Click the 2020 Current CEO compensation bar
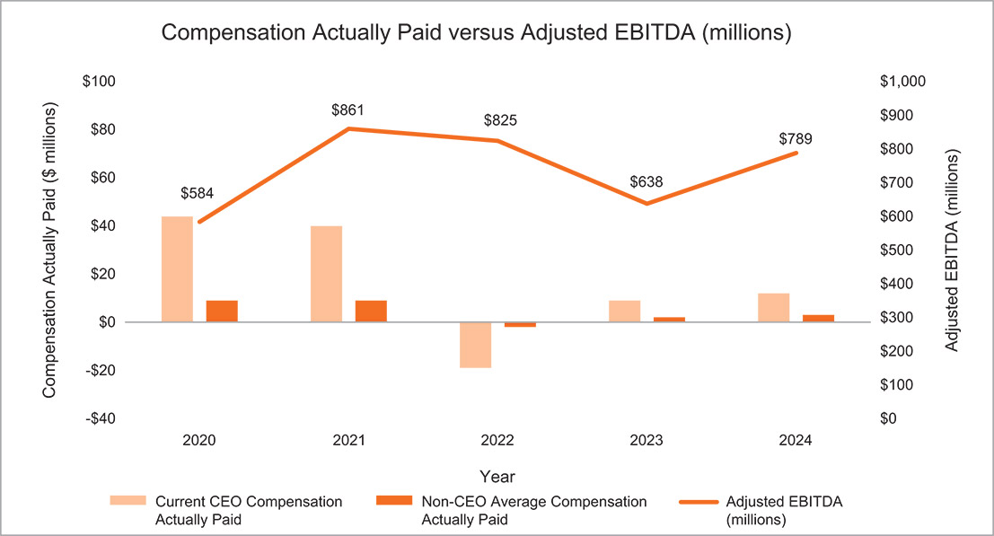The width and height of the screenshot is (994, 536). tap(177, 269)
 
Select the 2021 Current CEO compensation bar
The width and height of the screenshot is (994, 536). tap(326, 274)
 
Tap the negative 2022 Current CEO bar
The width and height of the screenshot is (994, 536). tap(475, 345)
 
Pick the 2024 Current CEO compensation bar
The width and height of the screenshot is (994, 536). tap(773, 307)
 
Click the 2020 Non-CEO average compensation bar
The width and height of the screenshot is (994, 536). tap(222, 311)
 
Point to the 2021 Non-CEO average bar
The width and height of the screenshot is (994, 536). tap(371, 311)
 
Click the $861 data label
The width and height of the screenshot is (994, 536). tap(347, 110)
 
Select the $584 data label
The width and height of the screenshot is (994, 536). tap(198, 194)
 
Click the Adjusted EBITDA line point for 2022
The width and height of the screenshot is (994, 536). tap(497, 140)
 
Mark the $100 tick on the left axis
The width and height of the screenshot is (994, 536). tap(100, 82)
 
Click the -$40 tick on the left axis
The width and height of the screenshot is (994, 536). tap(100, 418)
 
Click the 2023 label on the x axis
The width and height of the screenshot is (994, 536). tap(646, 441)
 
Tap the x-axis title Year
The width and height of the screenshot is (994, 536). tap(497, 475)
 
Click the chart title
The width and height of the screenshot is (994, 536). tap(475, 34)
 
